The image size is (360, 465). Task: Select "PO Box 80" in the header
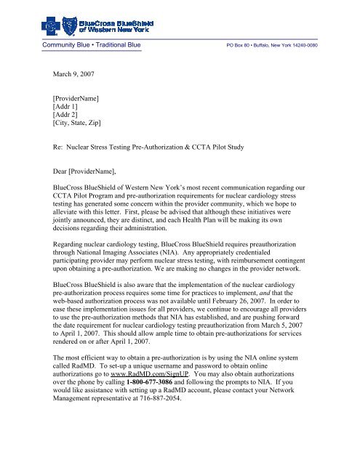click(x=240, y=45)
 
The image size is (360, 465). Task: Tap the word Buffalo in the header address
click(x=263, y=45)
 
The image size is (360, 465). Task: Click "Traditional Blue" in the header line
click(x=117, y=44)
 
